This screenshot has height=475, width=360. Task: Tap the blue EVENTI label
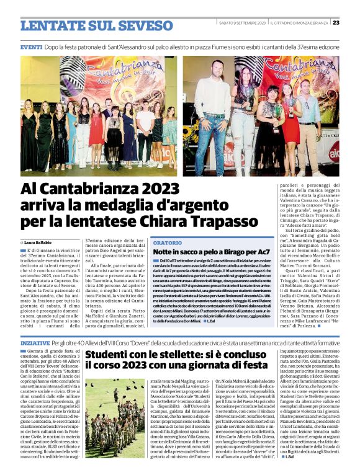[x=31, y=47]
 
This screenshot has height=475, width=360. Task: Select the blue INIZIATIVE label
[x=35, y=343]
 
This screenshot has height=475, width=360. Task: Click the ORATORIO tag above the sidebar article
[x=168, y=243]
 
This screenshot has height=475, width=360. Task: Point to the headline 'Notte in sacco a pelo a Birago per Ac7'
[x=212, y=252]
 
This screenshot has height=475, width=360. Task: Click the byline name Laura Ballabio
[x=38, y=241]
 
